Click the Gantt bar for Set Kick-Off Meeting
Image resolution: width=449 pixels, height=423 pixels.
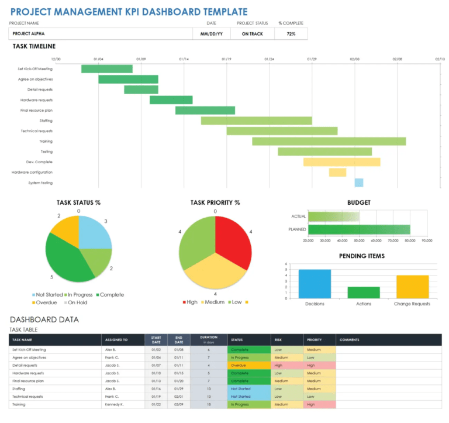point(106,69)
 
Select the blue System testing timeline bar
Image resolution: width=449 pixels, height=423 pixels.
point(359,183)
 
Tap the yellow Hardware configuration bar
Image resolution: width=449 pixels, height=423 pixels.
point(337,173)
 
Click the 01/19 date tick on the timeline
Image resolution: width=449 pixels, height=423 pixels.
point(226,59)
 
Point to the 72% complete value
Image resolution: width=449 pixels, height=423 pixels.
point(291,34)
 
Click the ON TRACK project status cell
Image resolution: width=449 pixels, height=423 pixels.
point(253,34)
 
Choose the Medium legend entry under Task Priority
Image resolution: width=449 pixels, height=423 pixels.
point(213,302)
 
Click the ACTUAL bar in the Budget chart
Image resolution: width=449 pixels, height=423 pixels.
point(333,216)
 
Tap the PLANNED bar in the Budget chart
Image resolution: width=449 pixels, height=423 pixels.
point(358,229)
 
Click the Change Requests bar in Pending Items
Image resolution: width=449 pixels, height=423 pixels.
point(412,286)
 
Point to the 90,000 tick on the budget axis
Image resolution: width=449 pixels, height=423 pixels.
point(426,240)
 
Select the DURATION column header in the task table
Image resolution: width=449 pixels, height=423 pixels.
point(209,339)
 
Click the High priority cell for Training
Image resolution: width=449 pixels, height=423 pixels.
point(320,404)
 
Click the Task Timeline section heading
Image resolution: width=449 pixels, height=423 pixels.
point(34,46)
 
